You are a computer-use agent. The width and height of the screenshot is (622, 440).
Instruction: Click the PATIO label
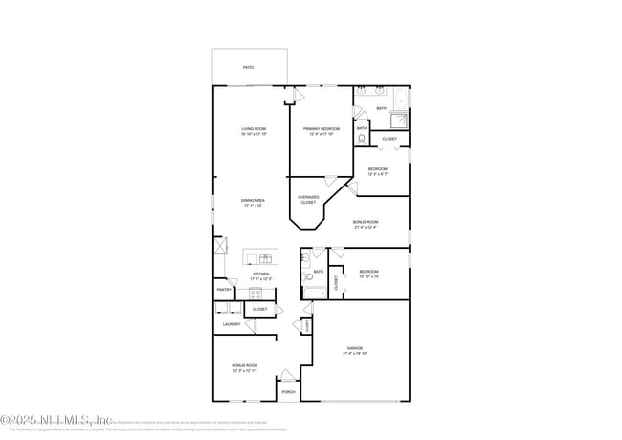pyautogui.click(x=248, y=68)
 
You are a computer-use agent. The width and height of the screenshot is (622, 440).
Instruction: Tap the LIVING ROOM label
pyautogui.click(x=254, y=131)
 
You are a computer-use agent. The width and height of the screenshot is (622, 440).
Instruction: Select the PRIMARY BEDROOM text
pyautogui.click(x=322, y=131)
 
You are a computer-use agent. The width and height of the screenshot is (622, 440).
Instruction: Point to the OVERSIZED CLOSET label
pyautogui.click(x=308, y=200)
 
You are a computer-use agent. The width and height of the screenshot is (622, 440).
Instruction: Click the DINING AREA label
pyautogui.click(x=254, y=203)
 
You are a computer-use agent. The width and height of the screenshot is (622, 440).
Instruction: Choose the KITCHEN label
pyautogui.click(x=260, y=275)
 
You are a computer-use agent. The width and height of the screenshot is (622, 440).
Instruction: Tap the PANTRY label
pyautogui.click(x=224, y=289)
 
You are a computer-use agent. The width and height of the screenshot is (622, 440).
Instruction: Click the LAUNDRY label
pyautogui.click(x=231, y=324)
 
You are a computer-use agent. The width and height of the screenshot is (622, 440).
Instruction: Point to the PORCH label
pyautogui.click(x=288, y=392)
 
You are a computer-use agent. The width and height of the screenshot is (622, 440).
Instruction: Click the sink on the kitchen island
pyautogui.click(x=265, y=257)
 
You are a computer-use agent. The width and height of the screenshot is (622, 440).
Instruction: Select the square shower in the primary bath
pyautogui.click(x=397, y=121)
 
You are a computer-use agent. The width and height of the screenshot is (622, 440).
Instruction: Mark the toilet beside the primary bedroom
pyautogui.click(x=361, y=140)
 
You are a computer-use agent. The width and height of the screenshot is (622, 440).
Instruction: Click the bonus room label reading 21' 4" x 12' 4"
pyautogui.click(x=366, y=224)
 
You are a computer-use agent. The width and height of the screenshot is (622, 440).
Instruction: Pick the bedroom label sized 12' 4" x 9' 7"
pyautogui.click(x=378, y=171)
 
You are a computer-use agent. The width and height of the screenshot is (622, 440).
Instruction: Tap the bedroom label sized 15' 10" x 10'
pyautogui.click(x=369, y=274)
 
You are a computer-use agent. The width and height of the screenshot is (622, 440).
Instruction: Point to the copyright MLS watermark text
pyautogui.click(x=57, y=419)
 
